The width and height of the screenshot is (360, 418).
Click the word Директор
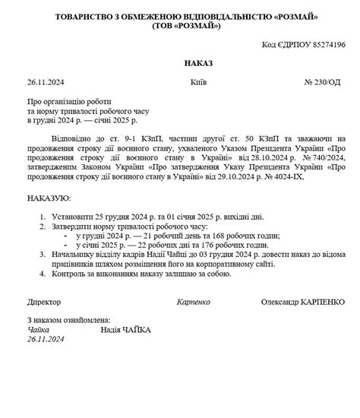pyautogui.click(x=44, y=302)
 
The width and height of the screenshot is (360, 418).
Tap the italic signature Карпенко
pyautogui.click(x=195, y=302)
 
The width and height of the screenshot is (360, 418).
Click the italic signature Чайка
pyautogui.click(x=37, y=330)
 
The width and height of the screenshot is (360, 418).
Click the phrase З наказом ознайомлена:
pyautogui.click(x=69, y=321)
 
